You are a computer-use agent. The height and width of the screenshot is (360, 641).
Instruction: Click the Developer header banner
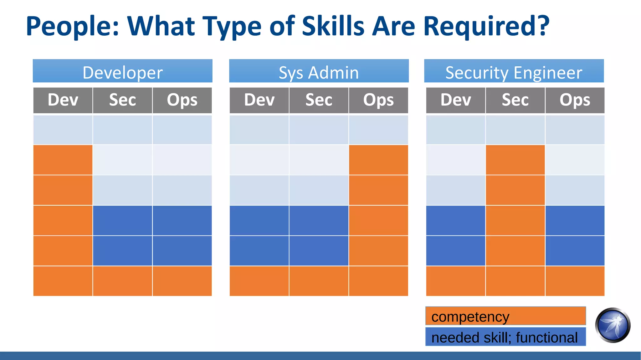point(122,71)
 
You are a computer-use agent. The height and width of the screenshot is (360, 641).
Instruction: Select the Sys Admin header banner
point(319,71)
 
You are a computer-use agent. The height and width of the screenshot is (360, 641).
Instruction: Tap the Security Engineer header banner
point(514,71)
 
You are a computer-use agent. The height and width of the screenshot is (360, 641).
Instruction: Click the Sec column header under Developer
point(122,100)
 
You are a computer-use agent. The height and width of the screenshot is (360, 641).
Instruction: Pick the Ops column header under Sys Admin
point(378,100)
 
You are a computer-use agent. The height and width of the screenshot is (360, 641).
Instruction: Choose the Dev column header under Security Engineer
point(455,100)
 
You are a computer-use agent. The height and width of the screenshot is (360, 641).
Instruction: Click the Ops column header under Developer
point(182,100)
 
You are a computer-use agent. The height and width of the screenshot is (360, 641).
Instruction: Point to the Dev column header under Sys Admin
point(259,100)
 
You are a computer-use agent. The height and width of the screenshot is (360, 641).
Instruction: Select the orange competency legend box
point(505,316)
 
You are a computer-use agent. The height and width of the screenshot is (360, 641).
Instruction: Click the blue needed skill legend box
point(505,337)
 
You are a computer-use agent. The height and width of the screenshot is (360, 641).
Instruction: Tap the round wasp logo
point(613,325)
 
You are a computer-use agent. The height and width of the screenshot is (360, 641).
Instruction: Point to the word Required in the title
point(486,26)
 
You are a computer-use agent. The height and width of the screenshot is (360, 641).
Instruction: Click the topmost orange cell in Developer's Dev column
point(63,160)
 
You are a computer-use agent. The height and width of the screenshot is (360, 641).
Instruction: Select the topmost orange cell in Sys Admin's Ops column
point(378,160)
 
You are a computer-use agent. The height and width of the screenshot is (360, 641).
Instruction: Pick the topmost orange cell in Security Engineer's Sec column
point(515,160)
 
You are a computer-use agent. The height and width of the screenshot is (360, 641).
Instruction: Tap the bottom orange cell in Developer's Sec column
point(122,281)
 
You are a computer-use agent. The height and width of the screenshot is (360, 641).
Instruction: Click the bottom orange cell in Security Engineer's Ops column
point(575,281)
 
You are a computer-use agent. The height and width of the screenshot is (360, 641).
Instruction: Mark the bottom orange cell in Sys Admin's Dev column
point(259,281)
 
